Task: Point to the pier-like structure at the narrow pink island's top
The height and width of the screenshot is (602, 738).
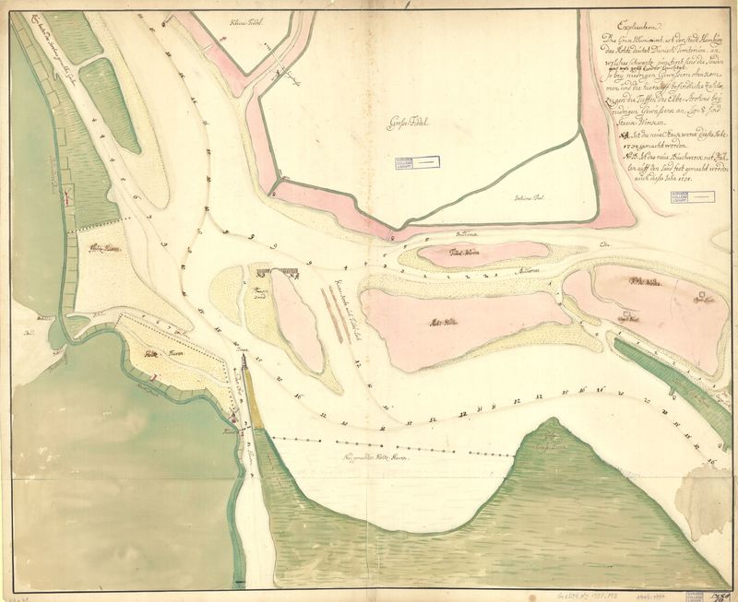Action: (280, 272)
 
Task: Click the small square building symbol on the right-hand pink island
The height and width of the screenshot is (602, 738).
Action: (627, 316)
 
